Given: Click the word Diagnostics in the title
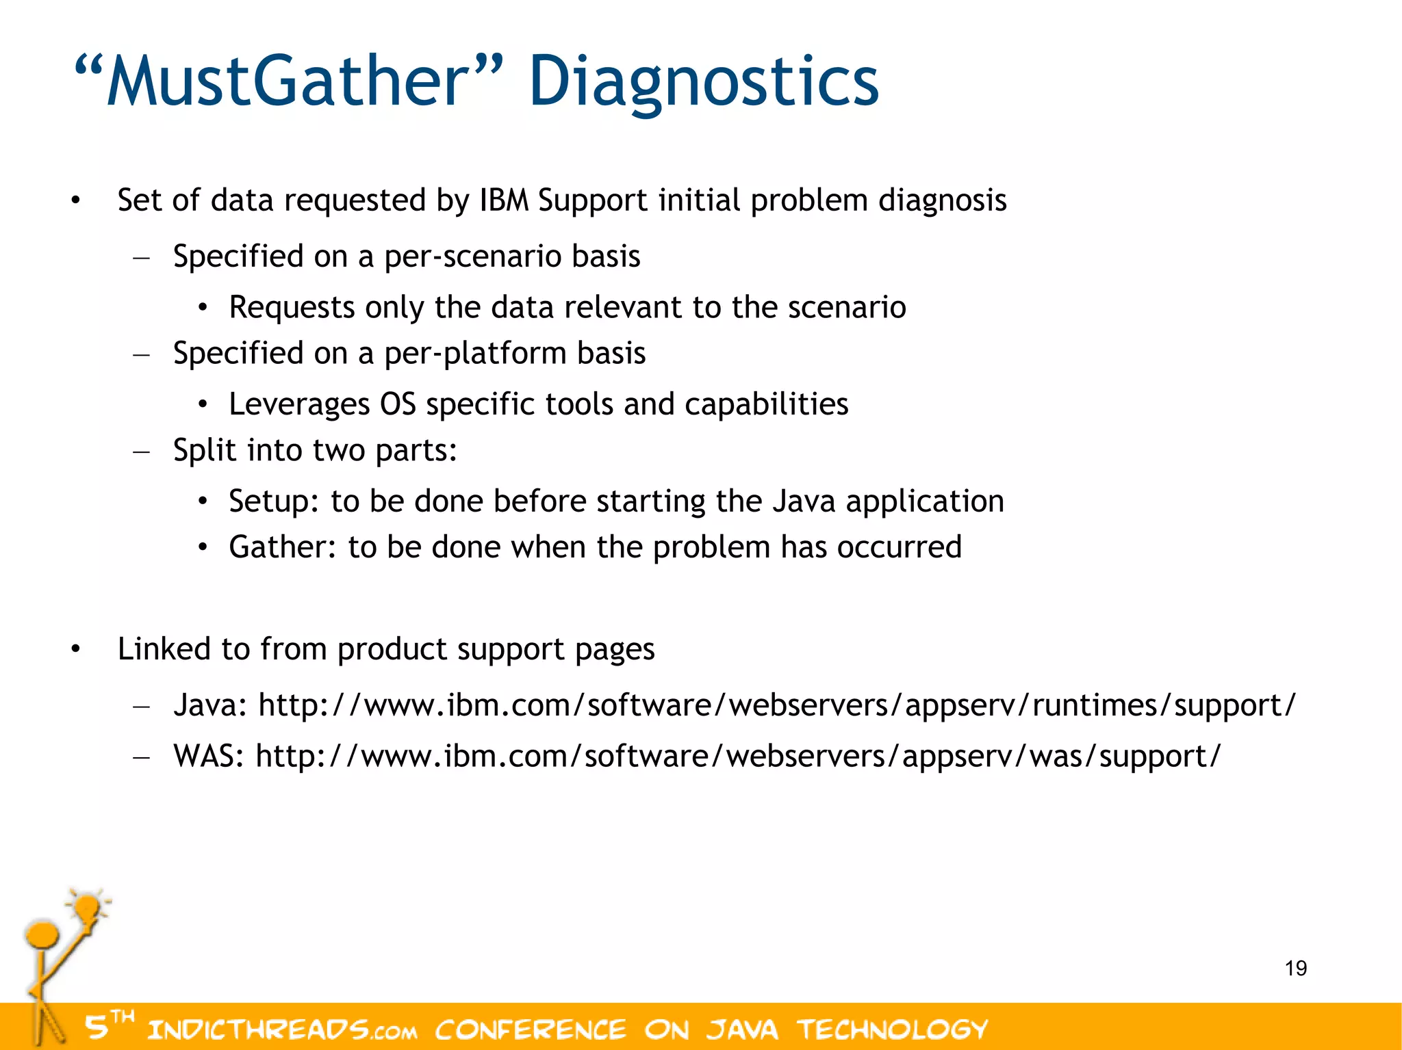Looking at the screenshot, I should [x=704, y=82].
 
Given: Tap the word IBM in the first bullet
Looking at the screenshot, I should [x=504, y=200].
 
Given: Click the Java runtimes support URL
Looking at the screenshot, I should [x=777, y=705].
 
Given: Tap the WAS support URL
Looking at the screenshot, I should [x=738, y=757].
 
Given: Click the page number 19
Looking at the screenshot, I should [x=1295, y=969].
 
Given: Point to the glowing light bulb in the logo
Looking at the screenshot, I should [x=88, y=908].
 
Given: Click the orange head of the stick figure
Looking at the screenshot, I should [x=42, y=934].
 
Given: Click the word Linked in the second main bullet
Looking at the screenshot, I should [x=164, y=649].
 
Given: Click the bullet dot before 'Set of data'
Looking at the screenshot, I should [x=75, y=201].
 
